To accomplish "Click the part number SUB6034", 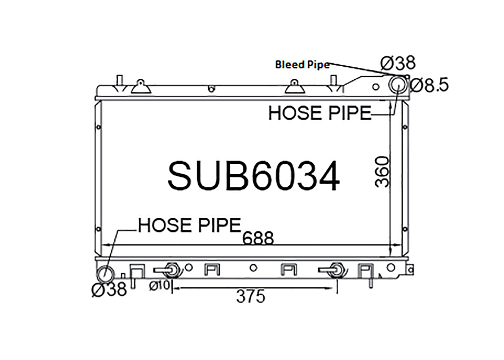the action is (254, 175).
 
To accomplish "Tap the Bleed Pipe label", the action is (302, 65).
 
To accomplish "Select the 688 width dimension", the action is (258, 238).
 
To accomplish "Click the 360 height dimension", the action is (382, 172).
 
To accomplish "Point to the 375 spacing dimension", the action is (251, 296).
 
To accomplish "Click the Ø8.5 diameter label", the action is (429, 85).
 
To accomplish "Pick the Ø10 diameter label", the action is (159, 285).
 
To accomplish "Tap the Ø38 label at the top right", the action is (398, 63).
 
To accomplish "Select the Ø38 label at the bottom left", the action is (109, 289).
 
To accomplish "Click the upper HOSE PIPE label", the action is (320, 113).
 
